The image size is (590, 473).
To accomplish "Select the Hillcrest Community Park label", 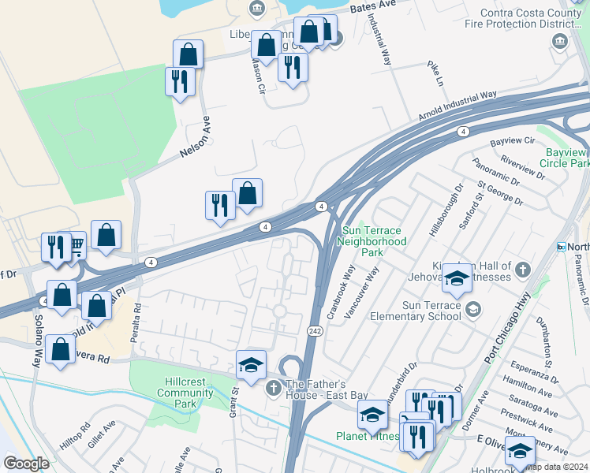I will pos(185,393).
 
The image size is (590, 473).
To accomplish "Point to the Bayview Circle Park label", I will pos(565,158).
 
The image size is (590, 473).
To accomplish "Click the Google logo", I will pos(26,464).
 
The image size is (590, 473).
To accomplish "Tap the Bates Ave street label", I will pos(372,6).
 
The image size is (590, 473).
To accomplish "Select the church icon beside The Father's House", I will pos(273,386).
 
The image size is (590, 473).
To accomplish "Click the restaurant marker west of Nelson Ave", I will pos(180,81).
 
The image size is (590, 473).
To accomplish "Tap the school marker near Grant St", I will pos(251,364).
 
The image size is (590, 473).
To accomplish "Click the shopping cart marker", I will pos(76,247).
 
